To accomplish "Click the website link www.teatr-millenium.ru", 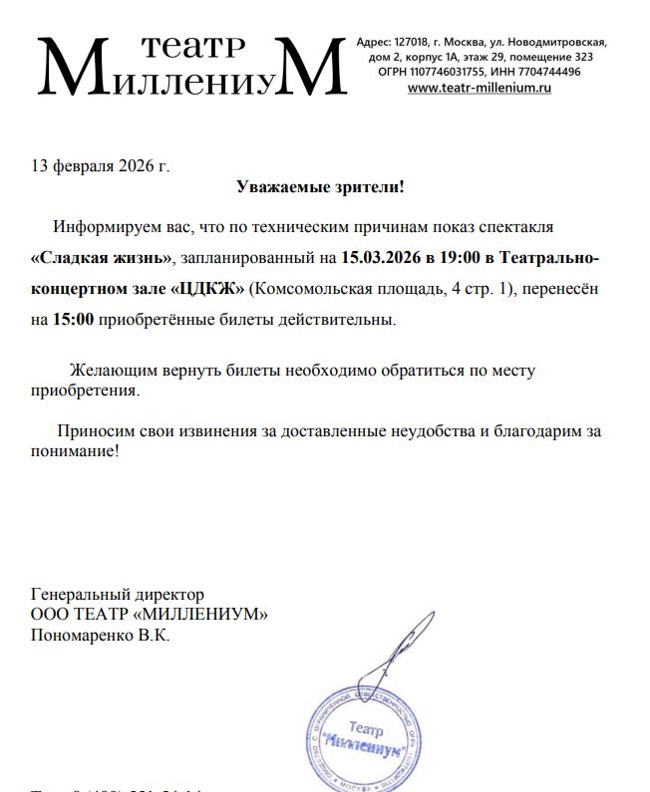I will [x=480, y=88].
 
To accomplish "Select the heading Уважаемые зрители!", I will [x=320, y=187].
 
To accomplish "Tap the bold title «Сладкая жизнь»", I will [x=102, y=257].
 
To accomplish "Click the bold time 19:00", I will [x=458, y=257].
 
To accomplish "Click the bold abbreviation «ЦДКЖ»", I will [x=207, y=289].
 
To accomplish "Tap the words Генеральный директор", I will [x=118, y=595].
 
